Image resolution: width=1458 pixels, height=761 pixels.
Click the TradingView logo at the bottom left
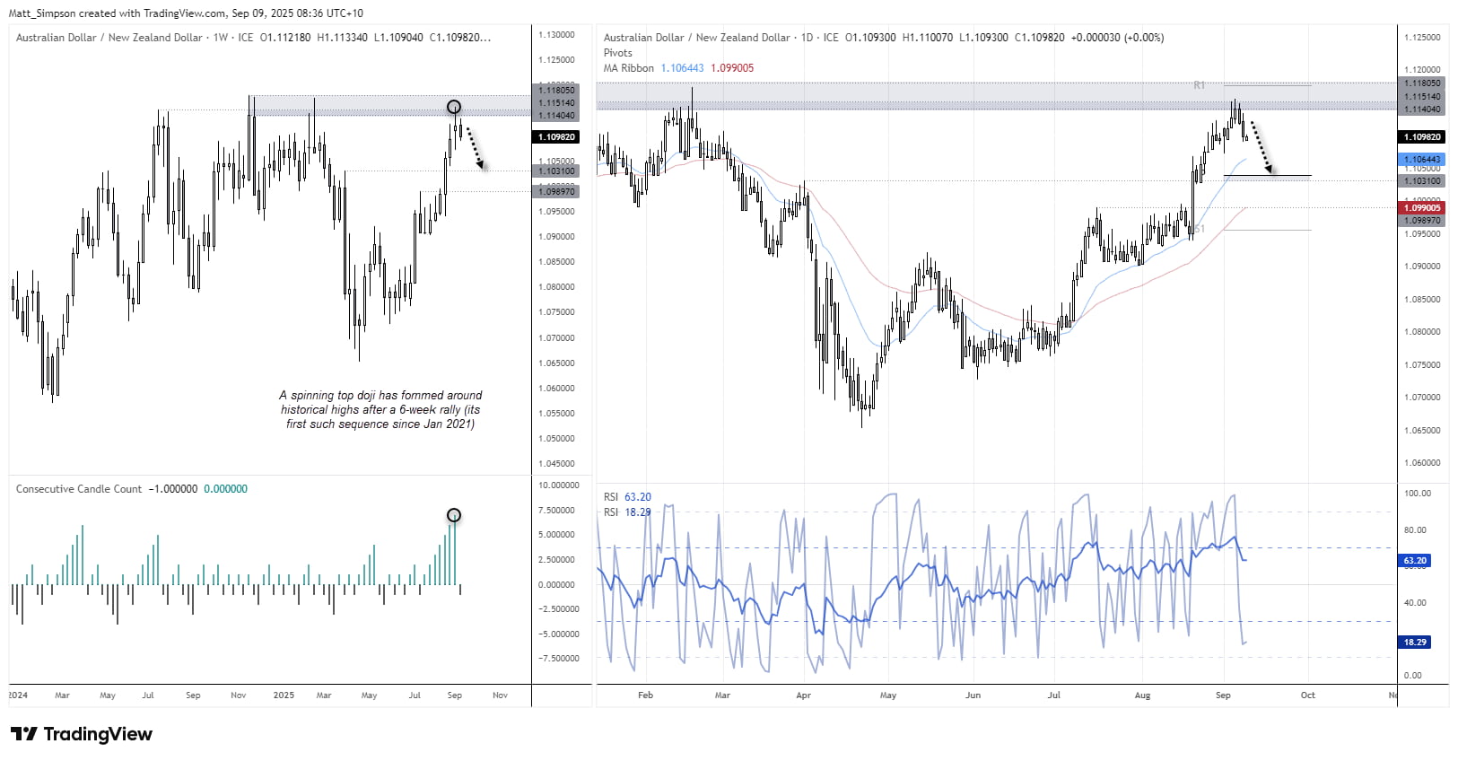(81, 734)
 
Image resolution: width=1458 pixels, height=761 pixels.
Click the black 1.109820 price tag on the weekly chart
(555, 137)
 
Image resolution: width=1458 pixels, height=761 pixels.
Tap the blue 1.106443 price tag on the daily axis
(1421, 160)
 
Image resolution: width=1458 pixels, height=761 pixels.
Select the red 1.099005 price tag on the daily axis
(1421, 208)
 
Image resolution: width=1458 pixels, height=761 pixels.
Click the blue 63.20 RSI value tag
(1415, 561)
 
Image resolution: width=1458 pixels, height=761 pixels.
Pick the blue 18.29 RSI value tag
(1415, 643)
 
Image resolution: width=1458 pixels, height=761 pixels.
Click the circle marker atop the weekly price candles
(454, 107)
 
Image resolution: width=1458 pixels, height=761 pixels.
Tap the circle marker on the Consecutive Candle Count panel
(454, 515)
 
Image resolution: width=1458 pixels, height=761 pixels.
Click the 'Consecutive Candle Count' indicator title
(79, 489)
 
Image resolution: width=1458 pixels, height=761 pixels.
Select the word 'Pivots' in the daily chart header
(618, 53)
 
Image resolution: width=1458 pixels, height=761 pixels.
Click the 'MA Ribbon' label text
(628, 68)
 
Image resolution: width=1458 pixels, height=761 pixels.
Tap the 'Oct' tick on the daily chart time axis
(1307, 695)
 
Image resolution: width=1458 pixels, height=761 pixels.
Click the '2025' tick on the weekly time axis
(284, 695)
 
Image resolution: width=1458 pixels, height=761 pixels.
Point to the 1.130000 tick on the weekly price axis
(556, 35)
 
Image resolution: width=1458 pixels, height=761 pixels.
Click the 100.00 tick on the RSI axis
(1418, 494)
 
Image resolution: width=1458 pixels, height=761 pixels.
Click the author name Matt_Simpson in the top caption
(41, 13)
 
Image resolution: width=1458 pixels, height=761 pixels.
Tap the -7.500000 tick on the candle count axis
(557, 659)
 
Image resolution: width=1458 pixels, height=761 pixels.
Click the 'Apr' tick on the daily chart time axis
(803, 695)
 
